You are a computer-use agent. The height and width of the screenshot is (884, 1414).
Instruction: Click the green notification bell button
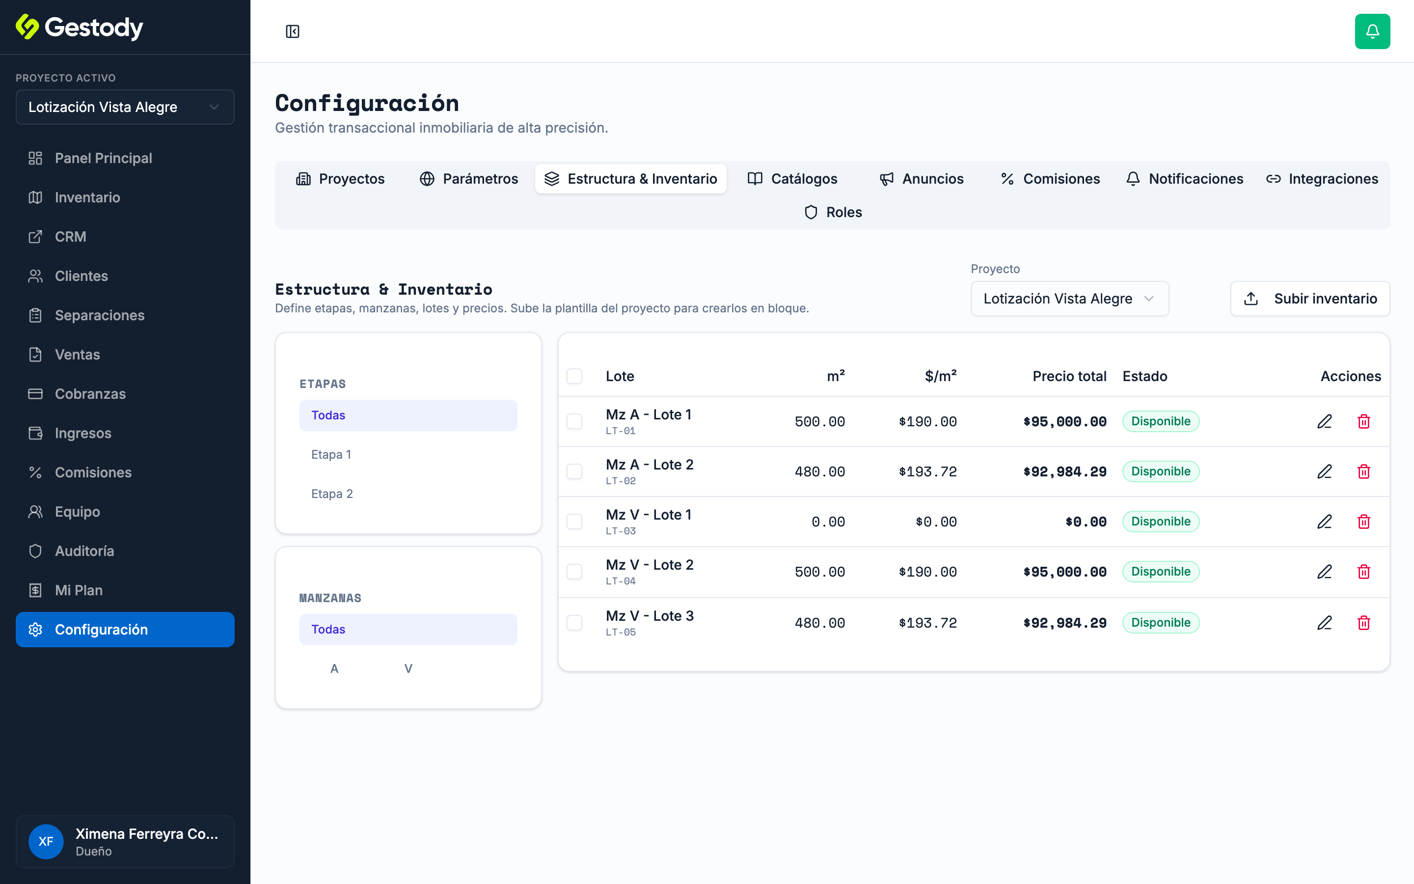1372,31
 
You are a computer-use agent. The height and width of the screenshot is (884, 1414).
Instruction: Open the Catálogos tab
792,179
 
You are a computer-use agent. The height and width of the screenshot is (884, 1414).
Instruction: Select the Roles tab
833,212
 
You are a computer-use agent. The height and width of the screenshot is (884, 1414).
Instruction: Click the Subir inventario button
1310,299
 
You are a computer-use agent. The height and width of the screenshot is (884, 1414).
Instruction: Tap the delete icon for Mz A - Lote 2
1364,471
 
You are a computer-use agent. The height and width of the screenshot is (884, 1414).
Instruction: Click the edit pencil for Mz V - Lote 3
1325,623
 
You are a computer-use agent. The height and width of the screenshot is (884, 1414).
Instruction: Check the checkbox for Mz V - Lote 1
574,522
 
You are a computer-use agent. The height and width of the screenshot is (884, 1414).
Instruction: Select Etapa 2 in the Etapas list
332,494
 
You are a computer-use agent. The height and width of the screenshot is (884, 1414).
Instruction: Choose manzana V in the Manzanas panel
408,668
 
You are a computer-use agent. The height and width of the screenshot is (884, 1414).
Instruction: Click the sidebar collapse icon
293,31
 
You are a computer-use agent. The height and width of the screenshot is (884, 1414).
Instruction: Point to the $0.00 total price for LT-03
1086,522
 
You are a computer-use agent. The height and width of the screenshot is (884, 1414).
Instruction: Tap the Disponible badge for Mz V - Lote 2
1161,571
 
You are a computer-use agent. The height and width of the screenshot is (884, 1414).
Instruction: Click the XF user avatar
46,841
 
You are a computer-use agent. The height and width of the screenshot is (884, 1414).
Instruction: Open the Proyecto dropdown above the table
1069,299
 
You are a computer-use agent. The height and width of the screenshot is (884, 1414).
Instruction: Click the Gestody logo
80,28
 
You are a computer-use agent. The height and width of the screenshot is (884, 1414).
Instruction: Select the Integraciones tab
1322,179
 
